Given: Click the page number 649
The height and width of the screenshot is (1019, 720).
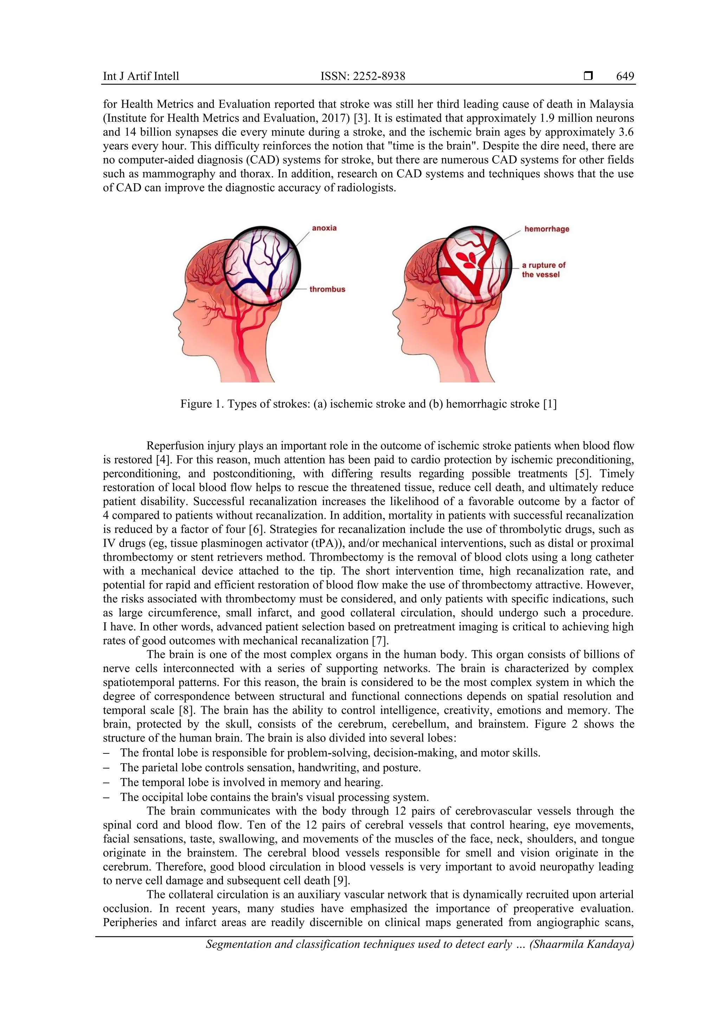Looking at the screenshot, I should click(x=625, y=76).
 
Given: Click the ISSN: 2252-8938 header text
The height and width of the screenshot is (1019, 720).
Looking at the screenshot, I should click(x=362, y=76).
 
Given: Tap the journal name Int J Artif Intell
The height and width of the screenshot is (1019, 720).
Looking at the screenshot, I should click(x=141, y=76).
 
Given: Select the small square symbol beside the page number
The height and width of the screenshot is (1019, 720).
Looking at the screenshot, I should click(x=588, y=76).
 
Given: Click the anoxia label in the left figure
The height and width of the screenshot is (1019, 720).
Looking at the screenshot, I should click(x=324, y=228).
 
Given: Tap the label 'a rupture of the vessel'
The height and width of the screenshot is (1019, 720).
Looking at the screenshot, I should click(x=543, y=270).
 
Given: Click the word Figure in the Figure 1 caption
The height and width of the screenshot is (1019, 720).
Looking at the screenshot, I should click(x=195, y=404).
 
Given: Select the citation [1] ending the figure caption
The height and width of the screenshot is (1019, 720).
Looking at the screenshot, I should click(x=549, y=404).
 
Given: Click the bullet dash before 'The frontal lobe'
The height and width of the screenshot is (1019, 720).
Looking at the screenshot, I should click(x=106, y=753).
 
